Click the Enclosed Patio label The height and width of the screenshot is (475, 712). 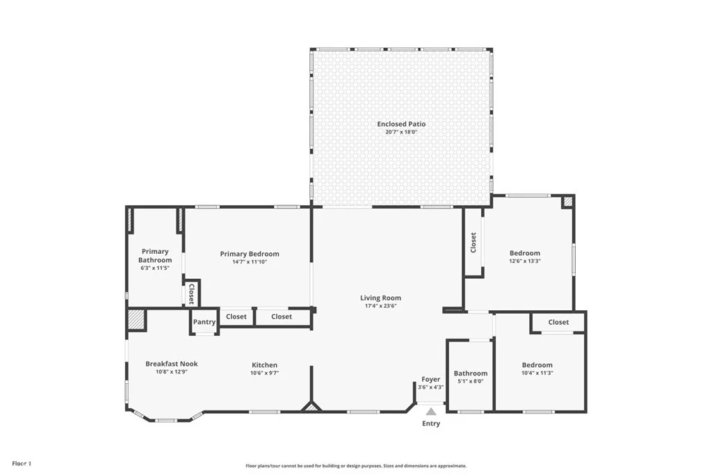(x=401, y=124)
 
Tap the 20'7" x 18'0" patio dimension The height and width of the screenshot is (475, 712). (x=401, y=132)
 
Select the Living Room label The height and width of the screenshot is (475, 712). (x=380, y=298)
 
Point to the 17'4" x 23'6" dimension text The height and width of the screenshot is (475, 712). (x=380, y=306)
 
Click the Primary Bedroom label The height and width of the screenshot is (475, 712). (x=250, y=254)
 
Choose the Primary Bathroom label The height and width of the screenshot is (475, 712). (x=155, y=256)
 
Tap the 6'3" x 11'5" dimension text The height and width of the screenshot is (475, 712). (x=155, y=268)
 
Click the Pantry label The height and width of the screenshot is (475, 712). (x=204, y=322)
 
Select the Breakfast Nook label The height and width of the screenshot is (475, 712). (x=172, y=364)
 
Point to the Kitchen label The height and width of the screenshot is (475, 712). (x=265, y=365)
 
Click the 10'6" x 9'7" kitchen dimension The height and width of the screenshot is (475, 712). (x=265, y=373)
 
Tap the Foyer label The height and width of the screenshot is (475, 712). (x=430, y=380)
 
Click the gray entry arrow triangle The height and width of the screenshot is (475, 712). (x=431, y=412)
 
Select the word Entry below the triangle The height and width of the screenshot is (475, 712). (x=431, y=424)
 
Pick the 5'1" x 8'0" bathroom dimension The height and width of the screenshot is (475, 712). (x=471, y=381)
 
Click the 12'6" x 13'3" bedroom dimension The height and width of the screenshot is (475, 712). (x=525, y=261)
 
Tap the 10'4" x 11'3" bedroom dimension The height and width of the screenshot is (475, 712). (x=537, y=373)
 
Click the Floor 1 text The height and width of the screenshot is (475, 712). (x=22, y=464)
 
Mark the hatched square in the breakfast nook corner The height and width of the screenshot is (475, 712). (x=136, y=320)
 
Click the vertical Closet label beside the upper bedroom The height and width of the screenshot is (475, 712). (x=473, y=243)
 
